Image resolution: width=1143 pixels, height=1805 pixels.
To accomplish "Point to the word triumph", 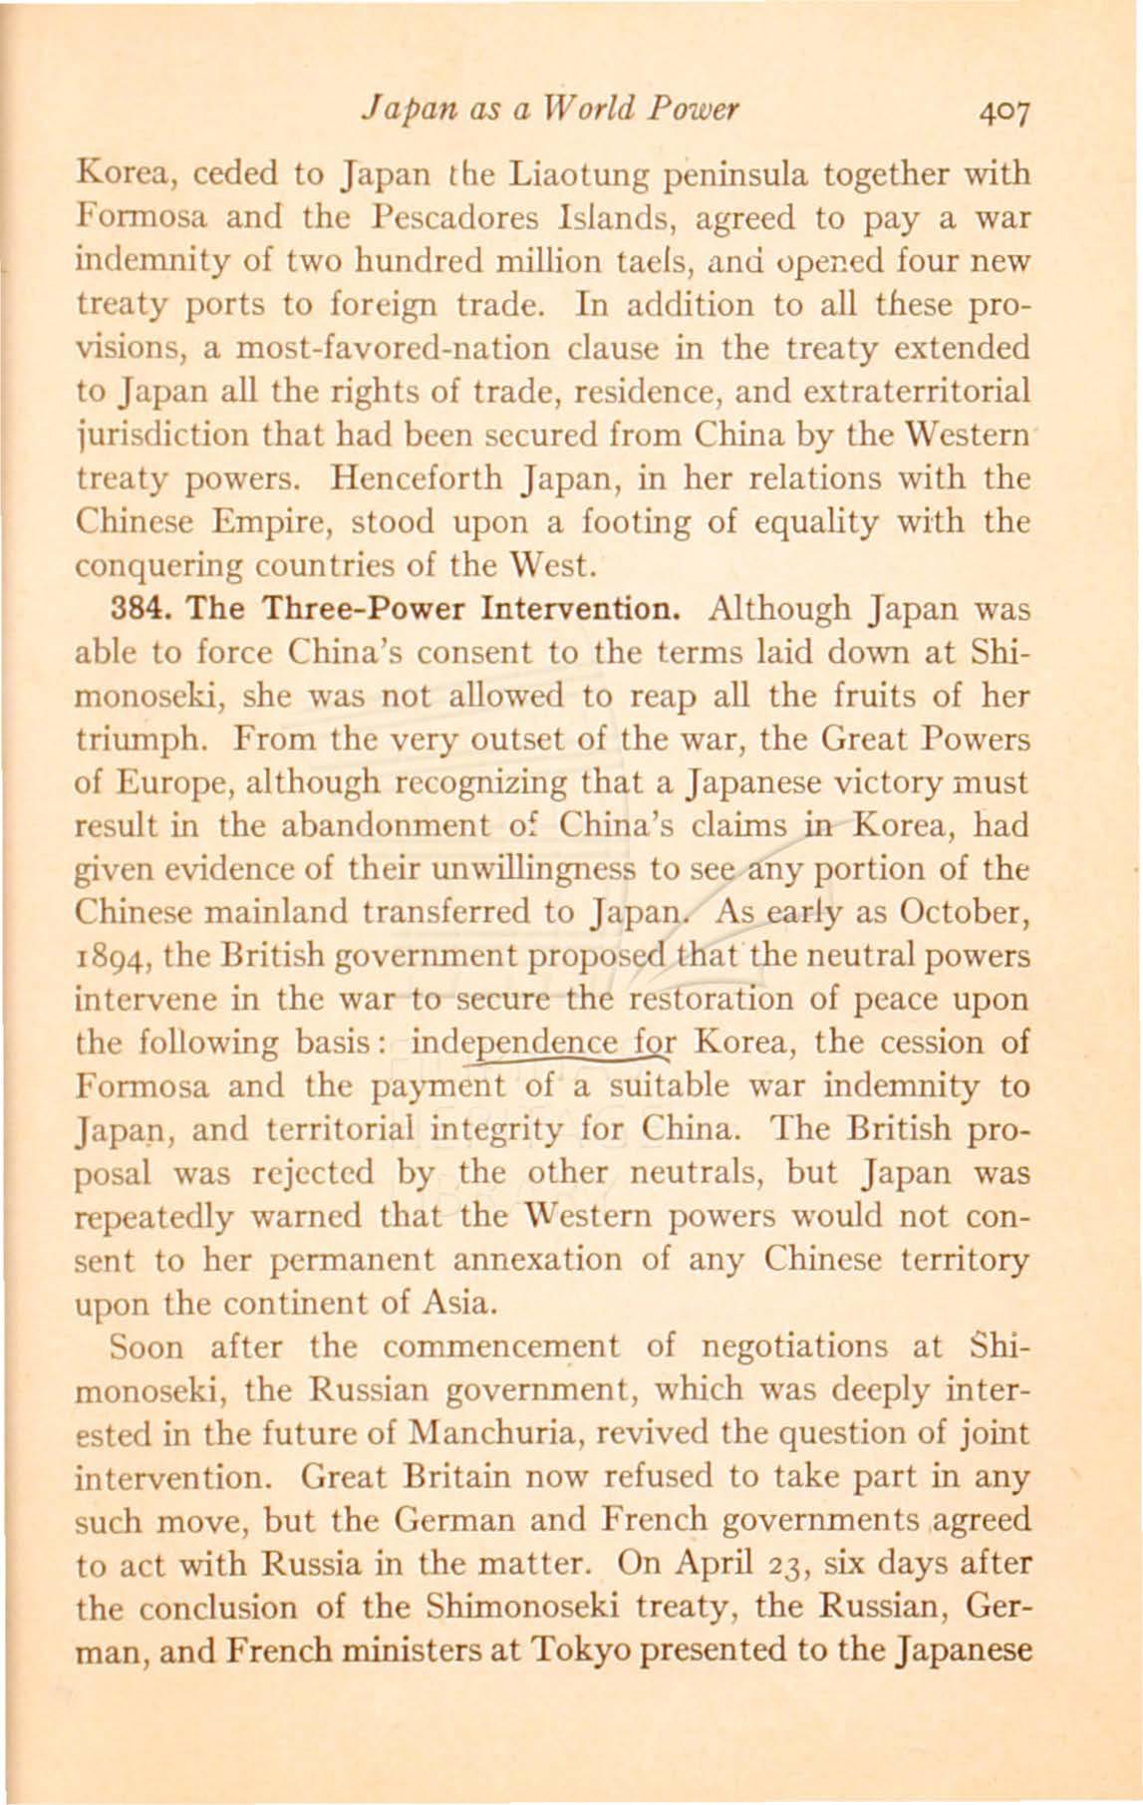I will pos(128,741).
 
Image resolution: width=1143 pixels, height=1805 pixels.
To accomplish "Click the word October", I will pos(965,912).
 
